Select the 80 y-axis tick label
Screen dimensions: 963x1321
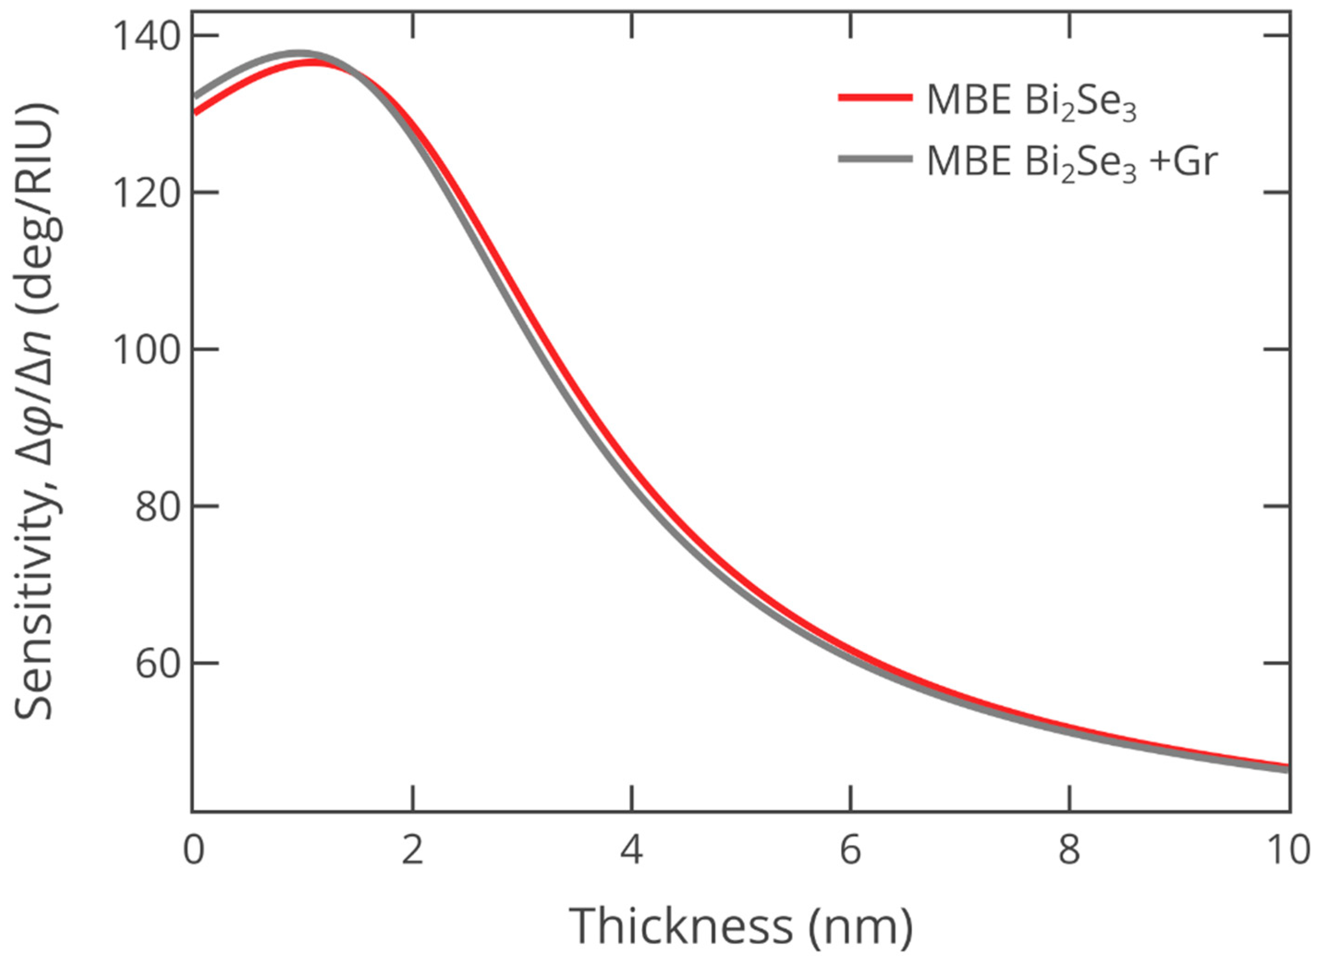click(156, 506)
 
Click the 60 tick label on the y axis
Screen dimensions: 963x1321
click(156, 664)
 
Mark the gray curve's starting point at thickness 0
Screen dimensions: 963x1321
click(194, 98)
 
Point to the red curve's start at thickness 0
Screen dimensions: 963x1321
click(194, 113)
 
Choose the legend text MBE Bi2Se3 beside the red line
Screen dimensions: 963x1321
click(1031, 102)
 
